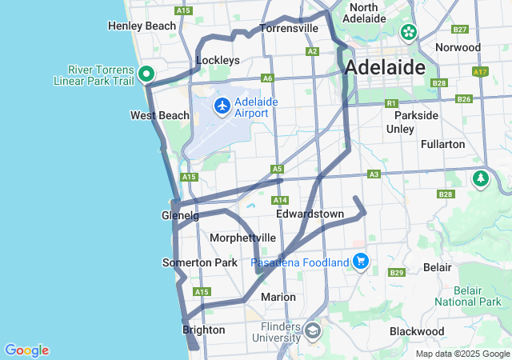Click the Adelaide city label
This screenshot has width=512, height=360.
(385, 67)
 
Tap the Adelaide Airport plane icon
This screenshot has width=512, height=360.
(222, 105)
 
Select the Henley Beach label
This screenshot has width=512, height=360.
(142, 26)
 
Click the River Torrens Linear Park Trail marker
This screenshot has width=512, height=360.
(146, 74)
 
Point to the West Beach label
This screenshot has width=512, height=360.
(160, 116)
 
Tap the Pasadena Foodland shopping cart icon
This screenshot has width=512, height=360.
(361, 262)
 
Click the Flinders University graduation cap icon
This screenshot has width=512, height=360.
(312, 330)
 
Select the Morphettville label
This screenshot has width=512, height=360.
(242, 238)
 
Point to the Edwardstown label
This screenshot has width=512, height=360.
(310, 214)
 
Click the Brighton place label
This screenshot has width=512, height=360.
(204, 330)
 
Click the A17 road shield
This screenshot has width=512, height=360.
(479, 72)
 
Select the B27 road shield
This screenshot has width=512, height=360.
(459, 30)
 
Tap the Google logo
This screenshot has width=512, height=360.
(26, 350)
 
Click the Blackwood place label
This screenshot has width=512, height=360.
(417, 331)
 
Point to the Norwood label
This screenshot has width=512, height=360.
(458, 47)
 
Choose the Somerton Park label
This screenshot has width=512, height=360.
(200, 262)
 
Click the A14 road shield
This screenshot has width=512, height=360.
(279, 200)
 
